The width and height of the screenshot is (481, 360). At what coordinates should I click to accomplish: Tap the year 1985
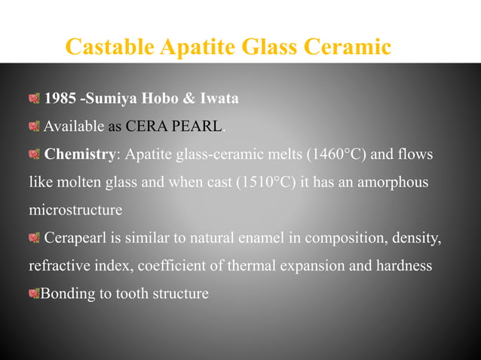61,98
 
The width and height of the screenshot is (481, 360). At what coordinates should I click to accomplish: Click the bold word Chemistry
80,155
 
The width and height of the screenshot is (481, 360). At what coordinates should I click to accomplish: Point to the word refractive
57,266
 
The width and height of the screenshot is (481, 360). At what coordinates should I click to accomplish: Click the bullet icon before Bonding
34,294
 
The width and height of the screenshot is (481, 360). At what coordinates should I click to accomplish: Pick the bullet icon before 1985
34,99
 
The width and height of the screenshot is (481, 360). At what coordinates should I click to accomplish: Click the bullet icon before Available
34,127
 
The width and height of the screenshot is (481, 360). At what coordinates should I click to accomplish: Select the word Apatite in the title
198,47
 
